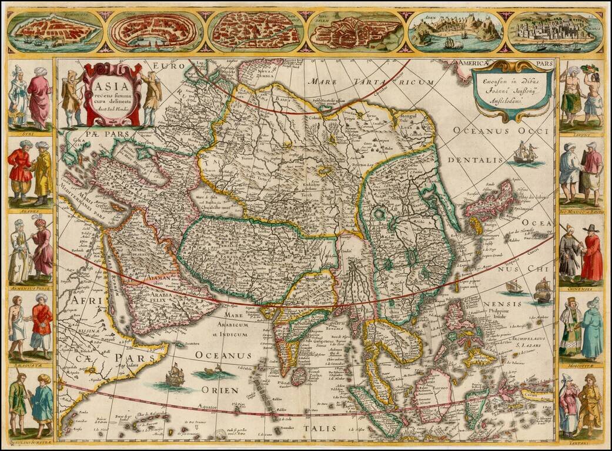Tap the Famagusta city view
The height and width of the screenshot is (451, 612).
pos(56,32)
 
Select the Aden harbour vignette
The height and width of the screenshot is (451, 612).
pos(456,31)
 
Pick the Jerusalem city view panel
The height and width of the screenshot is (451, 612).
pos(355,32)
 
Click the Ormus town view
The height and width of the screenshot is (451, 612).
pos(555,31)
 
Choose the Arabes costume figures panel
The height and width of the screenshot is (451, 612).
pos(30,173)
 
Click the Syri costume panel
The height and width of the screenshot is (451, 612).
pos(30,97)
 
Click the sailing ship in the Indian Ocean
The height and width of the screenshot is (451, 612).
pos(175,374)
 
